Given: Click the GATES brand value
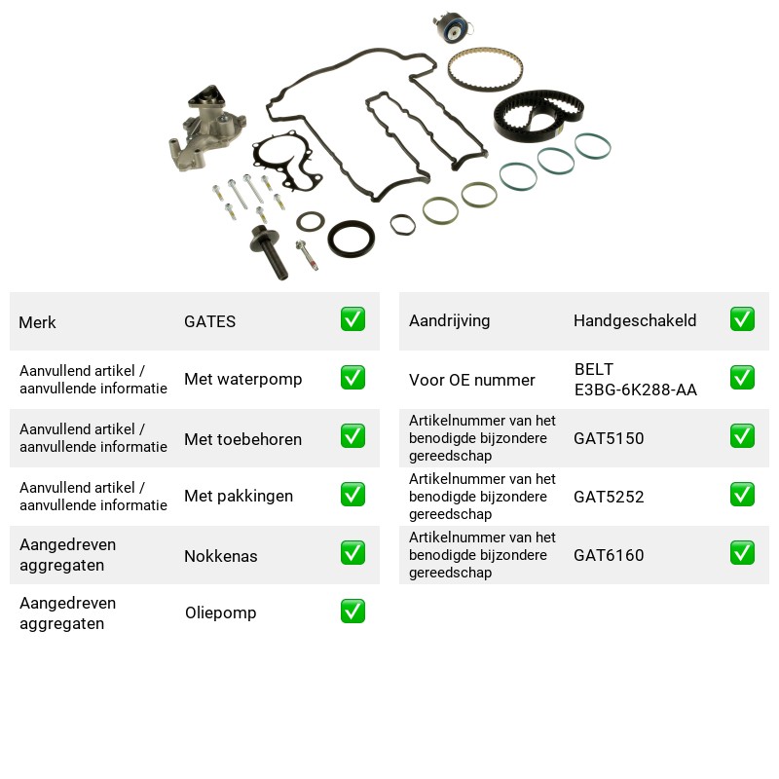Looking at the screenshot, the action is [209, 321].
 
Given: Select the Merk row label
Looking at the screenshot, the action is [37, 322].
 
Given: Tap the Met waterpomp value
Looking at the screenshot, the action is [242, 379].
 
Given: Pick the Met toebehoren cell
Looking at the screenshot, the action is [242, 439].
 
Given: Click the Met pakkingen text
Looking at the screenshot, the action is [239, 496].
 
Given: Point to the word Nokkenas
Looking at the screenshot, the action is [221, 556].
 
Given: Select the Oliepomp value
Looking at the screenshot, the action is [221, 612].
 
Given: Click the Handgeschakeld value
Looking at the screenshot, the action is [635, 320].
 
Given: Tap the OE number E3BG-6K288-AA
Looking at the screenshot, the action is [636, 390].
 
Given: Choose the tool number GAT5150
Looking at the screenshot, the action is [609, 438].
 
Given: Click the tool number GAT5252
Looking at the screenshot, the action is [609, 497].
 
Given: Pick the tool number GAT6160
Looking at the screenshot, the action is [609, 555].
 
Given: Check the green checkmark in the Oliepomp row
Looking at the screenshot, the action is [352, 612].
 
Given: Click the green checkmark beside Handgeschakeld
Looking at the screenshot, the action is [742, 319].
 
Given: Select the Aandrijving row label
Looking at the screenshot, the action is [449, 321].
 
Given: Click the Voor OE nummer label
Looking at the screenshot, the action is [472, 380].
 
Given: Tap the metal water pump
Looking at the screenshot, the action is [204, 130].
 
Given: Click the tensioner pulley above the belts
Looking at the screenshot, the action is [453, 27].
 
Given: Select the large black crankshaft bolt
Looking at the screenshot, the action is [270, 252].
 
